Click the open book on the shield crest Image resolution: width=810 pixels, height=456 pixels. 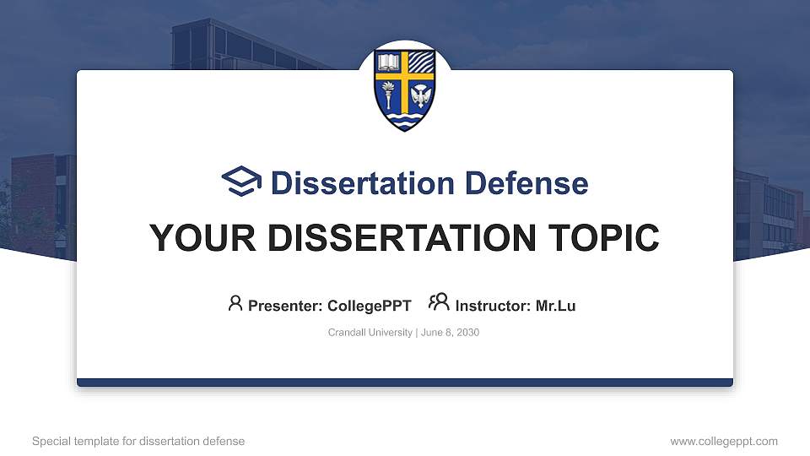click(x=389, y=63)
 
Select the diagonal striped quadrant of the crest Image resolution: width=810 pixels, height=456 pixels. click(x=421, y=63)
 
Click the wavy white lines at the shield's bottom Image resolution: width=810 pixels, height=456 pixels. click(x=405, y=121)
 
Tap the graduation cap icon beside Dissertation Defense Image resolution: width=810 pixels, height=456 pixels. click(x=242, y=182)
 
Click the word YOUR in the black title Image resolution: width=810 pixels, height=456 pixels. click(x=192, y=238)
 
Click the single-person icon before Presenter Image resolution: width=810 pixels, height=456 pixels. click(x=235, y=303)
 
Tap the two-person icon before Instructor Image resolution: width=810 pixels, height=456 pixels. click(x=439, y=302)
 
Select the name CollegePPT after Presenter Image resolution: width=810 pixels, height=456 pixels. click(x=370, y=306)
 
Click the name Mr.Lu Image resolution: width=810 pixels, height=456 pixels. click(x=555, y=306)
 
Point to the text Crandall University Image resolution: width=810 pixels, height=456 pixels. click(x=370, y=333)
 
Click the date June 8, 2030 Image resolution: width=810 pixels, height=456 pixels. click(x=449, y=333)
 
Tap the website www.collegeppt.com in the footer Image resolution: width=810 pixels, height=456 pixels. click(x=723, y=441)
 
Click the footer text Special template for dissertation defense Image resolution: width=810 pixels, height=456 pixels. click(x=138, y=441)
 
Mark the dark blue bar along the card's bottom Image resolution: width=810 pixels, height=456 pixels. click(x=405, y=383)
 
